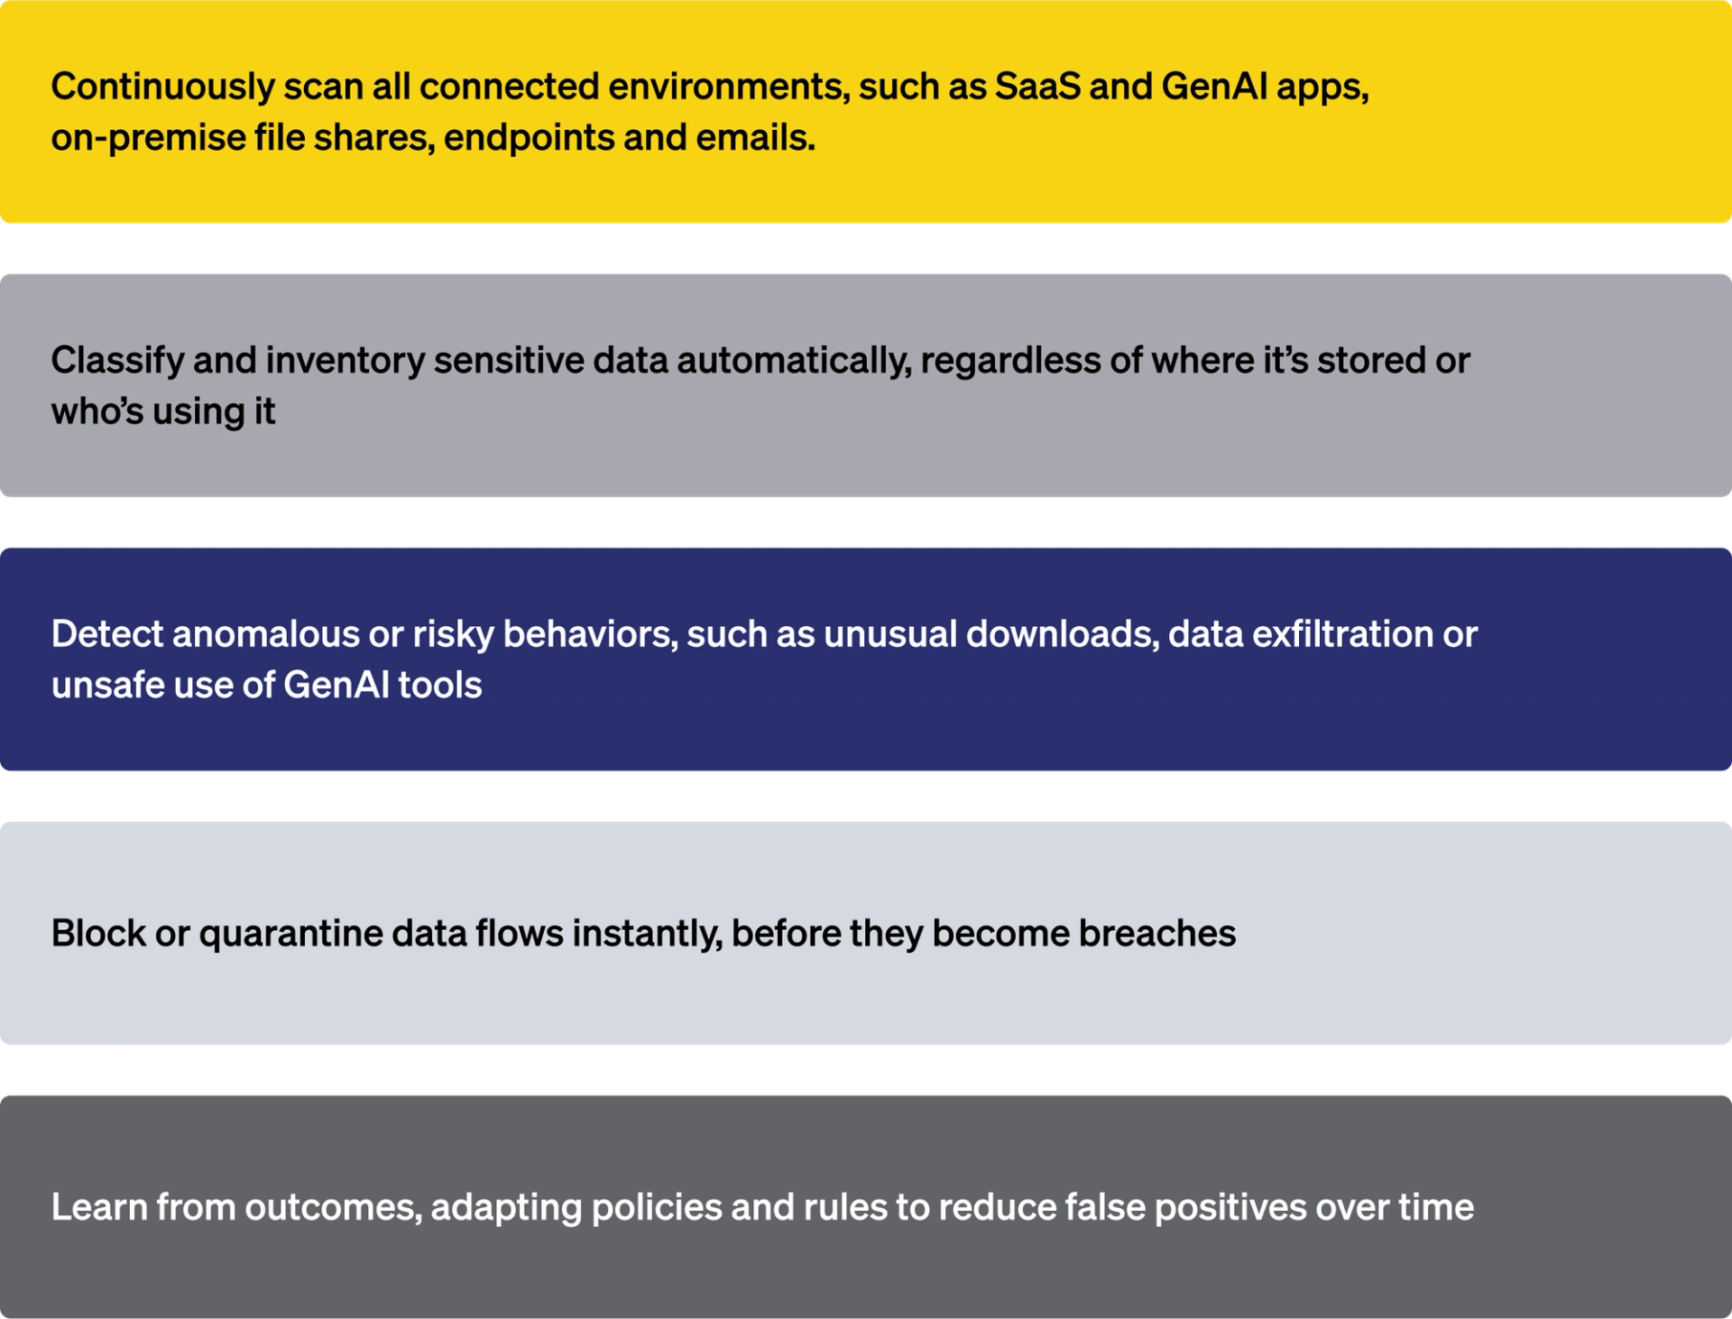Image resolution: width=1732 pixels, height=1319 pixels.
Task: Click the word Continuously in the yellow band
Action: coord(162,88)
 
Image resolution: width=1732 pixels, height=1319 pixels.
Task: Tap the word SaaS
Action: coord(1036,88)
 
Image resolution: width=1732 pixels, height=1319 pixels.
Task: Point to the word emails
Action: coord(757,138)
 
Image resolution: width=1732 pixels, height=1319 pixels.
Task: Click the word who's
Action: coord(96,411)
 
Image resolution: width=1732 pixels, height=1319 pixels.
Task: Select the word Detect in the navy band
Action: coord(106,634)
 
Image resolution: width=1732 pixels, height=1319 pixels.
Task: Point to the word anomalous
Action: coord(265,634)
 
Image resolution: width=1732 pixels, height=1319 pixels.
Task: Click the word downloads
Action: coord(1062,634)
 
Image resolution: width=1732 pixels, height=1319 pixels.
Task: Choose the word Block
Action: coord(97,934)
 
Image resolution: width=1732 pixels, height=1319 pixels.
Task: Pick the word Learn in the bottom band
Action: coord(98,1207)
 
